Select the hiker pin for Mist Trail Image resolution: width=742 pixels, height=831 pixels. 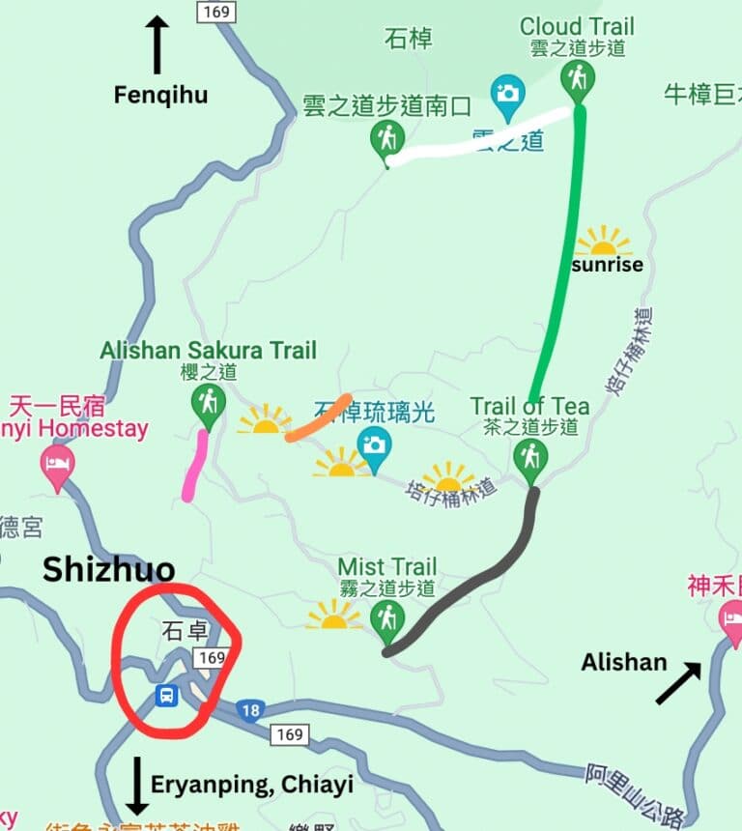click(387, 617)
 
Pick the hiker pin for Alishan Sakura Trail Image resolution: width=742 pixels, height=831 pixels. click(208, 401)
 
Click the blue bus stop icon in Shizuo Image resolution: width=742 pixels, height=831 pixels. click(167, 695)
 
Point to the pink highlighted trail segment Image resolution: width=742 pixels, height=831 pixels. click(196, 467)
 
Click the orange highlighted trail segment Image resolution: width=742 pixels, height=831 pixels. click(319, 419)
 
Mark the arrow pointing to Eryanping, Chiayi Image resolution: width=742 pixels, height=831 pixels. click(137, 786)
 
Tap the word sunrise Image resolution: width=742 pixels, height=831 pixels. click(607, 265)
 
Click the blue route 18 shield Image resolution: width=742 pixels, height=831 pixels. click(250, 709)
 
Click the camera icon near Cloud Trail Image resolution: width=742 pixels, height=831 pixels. click(507, 93)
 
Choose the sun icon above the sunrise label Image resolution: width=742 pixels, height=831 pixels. click(604, 242)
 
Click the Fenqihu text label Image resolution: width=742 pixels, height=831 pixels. click(160, 95)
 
